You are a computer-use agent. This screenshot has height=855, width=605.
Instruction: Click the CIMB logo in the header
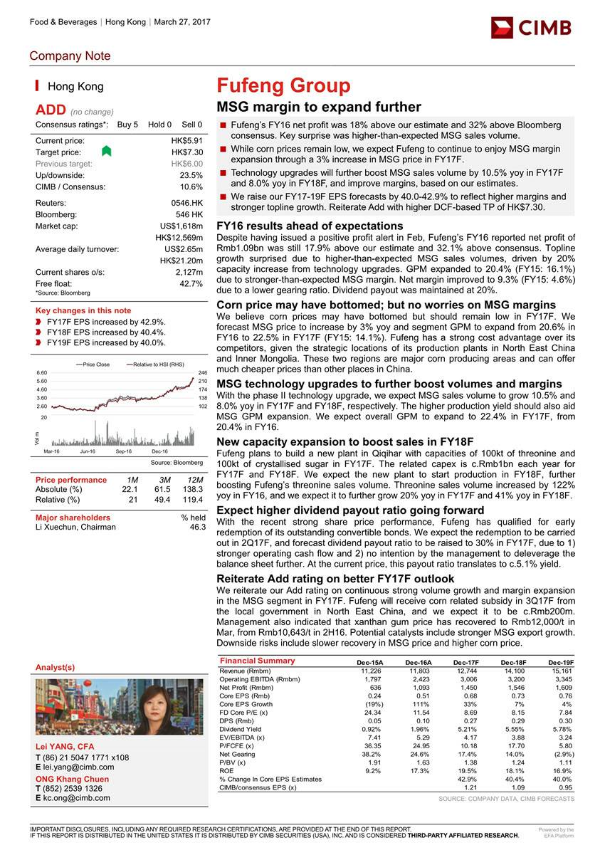pos(530,27)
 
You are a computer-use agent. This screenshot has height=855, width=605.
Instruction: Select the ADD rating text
pos(51,110)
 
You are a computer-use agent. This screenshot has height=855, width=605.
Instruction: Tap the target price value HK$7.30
pos(187,152)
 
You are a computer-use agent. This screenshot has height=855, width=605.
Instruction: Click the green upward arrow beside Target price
pos(107,151)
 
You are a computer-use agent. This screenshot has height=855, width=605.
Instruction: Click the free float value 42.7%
pos(192,283)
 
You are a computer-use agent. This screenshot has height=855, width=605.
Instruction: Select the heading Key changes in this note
pos(83,310)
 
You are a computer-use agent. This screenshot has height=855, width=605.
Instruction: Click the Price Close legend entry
pos(95,364)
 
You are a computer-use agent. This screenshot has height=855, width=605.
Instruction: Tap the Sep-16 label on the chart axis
pos(124,451)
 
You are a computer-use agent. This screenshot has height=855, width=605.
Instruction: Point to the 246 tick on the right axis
pos(201,372)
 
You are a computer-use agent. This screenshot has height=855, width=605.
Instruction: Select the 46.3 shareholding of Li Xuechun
pos(196,528)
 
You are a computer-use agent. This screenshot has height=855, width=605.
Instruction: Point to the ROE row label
pos(227,770)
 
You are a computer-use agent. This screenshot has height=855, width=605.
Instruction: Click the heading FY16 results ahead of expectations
pos(310,226)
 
